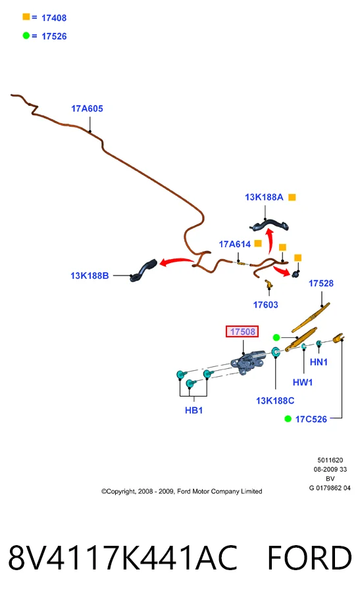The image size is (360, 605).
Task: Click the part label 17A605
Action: (87, 109)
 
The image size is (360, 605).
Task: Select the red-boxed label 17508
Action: (242, 331)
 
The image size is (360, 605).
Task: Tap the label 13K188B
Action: (90, 276)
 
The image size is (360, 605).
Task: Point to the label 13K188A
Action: (264, 197)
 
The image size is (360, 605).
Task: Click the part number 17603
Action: (265, 305)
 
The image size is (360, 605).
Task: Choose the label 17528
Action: (321, 283)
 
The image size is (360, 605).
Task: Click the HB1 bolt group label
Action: (194, 410)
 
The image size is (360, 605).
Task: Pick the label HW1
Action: (303, 382)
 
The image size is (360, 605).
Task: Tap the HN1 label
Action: (319, 362)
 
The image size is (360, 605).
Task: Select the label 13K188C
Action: (275, 401)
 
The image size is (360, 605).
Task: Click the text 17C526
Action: (311, 419)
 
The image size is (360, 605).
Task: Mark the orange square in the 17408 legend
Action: (26, 16)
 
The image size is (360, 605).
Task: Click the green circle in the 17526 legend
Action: (26, 36)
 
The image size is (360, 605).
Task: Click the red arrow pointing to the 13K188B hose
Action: (176, 262)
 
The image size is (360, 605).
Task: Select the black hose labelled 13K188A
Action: (269, 224)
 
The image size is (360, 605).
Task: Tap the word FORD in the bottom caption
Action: (309, 558)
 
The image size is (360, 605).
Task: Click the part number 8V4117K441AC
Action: (122, 558)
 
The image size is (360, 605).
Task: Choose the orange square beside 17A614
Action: (258, 243)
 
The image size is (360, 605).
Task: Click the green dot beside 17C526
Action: (288, 419)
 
